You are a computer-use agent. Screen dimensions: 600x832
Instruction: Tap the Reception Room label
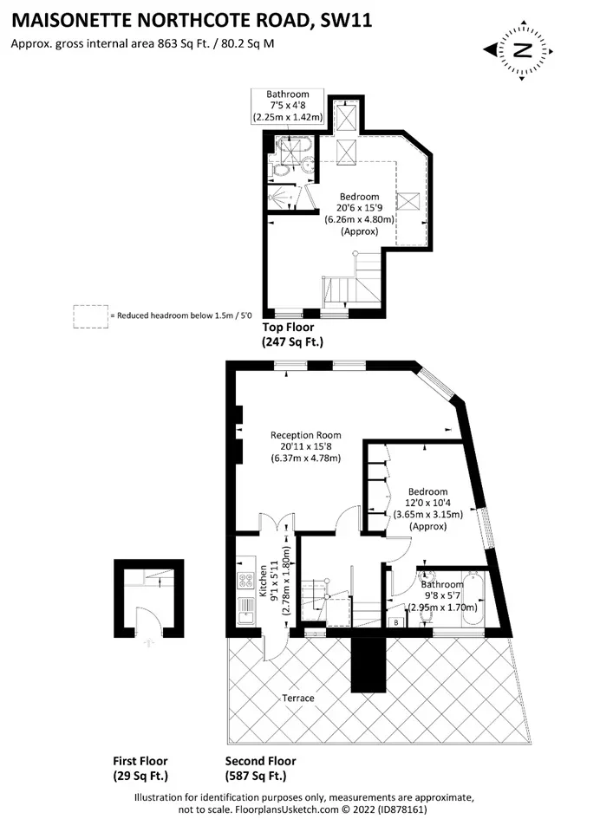click(x=306, y=435)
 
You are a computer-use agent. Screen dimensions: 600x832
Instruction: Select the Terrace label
click(x=298, y=698)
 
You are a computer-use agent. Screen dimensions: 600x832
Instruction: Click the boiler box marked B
click(x=396, y=622)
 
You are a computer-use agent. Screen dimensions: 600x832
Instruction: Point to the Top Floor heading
click(x=289, y=328)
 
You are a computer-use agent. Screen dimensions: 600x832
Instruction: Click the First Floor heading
click(x=140, y=761)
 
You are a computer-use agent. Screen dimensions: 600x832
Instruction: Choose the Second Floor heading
click(x=261, y=761)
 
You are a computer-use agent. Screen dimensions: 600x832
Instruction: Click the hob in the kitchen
click(x=247, y=580)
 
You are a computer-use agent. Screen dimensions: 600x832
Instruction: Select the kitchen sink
click(x=247, y=610)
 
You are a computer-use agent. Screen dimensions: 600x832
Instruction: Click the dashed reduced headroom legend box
click(x=91, y=317)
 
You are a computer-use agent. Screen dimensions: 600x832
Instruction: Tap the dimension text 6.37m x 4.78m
click(x=306, y=458)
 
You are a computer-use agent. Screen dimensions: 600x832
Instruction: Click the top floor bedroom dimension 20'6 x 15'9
click(x=360, y=208)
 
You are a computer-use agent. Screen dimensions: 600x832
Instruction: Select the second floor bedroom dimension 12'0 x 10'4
click(x=428, y=503)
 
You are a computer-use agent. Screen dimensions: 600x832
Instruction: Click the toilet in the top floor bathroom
click(x=280, y=170)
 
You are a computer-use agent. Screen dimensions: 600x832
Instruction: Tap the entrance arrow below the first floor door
click(x=149, y=642)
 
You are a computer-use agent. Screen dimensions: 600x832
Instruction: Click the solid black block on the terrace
click(x=368, y=665)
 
